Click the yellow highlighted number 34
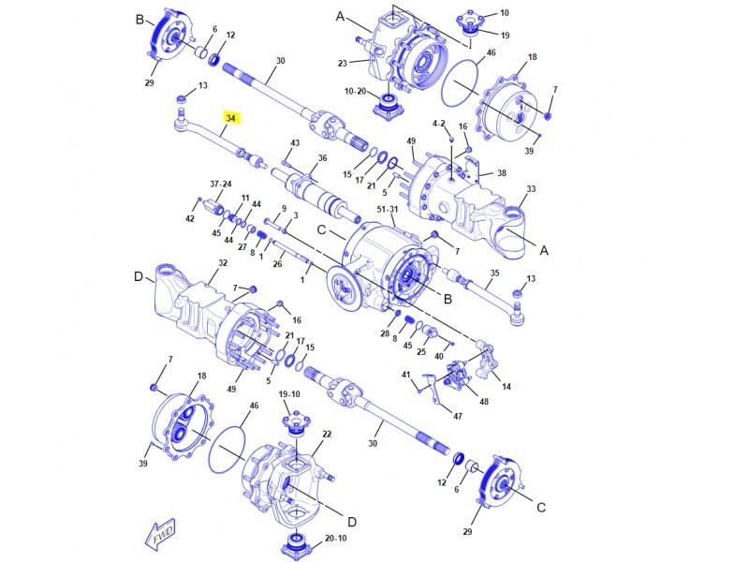pos(231,118)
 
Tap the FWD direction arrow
pos(160,534)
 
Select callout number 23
pos(343,63)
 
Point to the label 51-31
pos(388,209)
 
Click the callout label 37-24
pos(221,184)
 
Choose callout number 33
pos(531,189)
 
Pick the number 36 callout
pos(323,158)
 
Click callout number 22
pos(327,434)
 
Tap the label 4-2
pos(438,124)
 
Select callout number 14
pos(507,386)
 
